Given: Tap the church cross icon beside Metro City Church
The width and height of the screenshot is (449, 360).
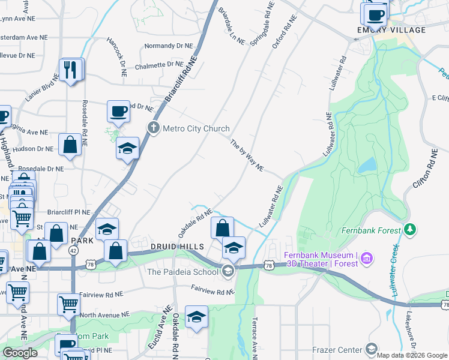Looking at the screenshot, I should coord(154,128).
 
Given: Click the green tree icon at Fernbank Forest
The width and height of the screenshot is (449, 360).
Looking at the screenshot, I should coord(411,229).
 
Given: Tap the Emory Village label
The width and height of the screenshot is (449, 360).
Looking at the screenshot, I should coord(382,30).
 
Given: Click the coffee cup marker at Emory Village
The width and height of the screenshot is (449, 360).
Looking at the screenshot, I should coord(375,14).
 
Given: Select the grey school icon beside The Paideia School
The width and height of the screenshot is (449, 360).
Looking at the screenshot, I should coord(228,271).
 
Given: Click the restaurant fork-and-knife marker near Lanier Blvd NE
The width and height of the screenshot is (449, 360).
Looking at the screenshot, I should coord(71,70).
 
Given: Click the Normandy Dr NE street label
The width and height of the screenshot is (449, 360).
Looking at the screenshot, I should coord(169,46).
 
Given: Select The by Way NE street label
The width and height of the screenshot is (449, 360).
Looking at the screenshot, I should coord(247,155).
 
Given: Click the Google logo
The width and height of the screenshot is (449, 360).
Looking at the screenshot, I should coord(20,353).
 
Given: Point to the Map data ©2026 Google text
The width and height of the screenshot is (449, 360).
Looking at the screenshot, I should coord(412,355).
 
